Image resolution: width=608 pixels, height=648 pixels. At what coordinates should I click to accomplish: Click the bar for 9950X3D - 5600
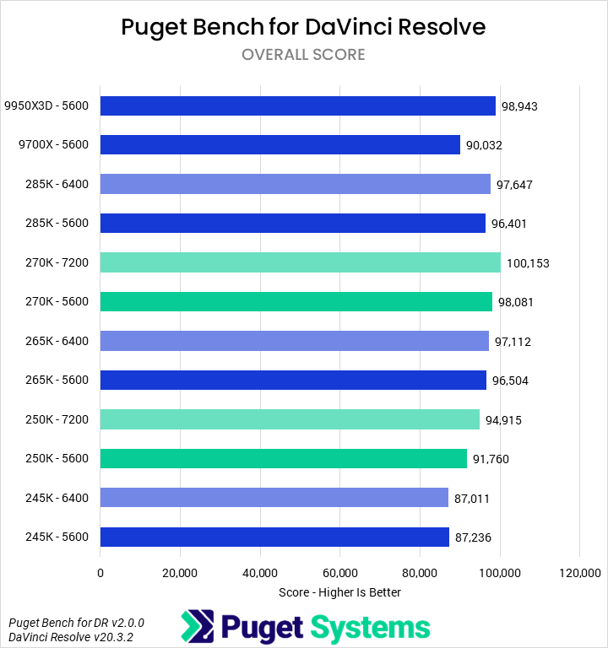tap(297, 105)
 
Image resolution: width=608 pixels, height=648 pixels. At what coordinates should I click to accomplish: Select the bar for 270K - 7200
tap(300, 262)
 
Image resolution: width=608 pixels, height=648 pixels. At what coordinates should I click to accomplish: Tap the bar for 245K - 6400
tap(274, 498)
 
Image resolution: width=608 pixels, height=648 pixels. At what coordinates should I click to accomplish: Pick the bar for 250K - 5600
tap(283, 458)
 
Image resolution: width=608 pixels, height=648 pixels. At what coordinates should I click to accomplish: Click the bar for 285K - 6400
tap(295, 184)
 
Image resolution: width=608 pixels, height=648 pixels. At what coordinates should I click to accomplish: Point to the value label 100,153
tap(528, 263)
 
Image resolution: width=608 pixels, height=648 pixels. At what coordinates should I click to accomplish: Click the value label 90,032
tap(484, 145)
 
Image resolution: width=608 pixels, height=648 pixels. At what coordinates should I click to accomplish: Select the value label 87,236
tap(473, 537)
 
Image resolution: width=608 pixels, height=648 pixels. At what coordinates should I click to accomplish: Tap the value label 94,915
tap(503, 420)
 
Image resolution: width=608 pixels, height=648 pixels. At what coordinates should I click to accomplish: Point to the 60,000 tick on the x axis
tap(339, 573)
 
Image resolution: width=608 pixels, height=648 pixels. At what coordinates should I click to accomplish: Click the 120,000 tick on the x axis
tap(579, 573)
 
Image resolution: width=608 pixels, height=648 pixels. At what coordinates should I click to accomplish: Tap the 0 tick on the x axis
tap(100, 573)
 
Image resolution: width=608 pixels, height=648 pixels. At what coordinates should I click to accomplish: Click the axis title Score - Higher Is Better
tap(339, 592)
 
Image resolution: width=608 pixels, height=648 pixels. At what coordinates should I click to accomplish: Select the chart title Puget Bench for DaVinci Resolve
tap(303, 27)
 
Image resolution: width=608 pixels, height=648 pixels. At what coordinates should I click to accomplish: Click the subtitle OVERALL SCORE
tap(303, 55)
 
